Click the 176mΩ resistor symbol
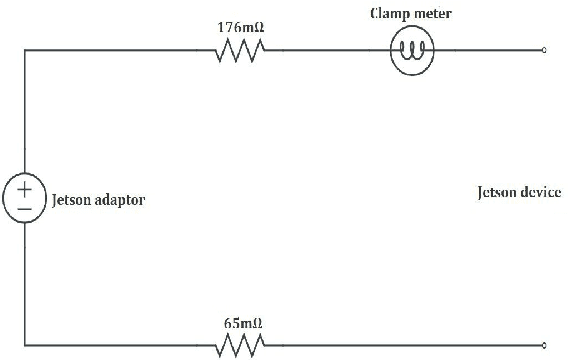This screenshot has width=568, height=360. (240, 50)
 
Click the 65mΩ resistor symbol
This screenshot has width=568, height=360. (240, 345)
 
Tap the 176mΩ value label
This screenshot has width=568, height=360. (240, 26)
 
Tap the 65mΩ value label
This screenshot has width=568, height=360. (240, 323)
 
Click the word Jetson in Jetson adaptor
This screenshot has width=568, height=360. (70, 200)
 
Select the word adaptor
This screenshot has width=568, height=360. (120, 200)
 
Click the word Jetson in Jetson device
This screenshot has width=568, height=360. (496, 191)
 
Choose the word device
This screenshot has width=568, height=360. (540, 191)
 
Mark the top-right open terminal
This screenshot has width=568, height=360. (543, 49)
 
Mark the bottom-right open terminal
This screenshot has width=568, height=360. (543, 345)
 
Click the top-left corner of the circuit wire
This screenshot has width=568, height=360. (24, 49)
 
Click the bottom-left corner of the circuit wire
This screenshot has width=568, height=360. (24, 345)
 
